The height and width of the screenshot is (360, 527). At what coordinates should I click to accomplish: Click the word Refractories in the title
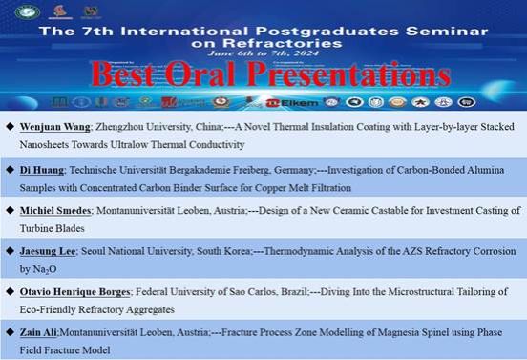click(x=263, y=42)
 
